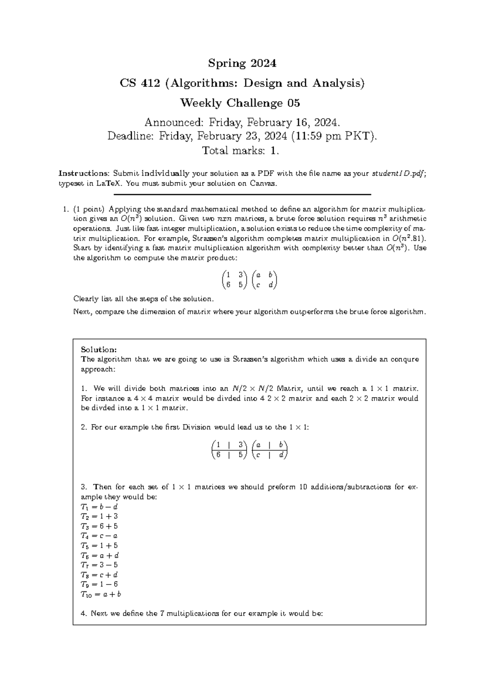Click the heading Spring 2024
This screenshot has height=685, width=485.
point(242,63)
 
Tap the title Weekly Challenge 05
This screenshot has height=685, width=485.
point(240,103)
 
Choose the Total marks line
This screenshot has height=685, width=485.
point(240,151)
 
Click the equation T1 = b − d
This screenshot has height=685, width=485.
point(99,507)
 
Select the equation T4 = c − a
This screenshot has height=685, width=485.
point(99,536)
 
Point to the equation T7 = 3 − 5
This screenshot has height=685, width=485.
point(99,565)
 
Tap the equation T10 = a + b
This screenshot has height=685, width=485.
point(101,594)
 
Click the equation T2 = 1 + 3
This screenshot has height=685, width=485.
point(99,517)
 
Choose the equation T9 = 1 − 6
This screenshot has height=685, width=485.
point(99,584)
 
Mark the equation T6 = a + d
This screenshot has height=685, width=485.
point(99,555)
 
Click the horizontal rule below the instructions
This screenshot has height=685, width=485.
point(242,195)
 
